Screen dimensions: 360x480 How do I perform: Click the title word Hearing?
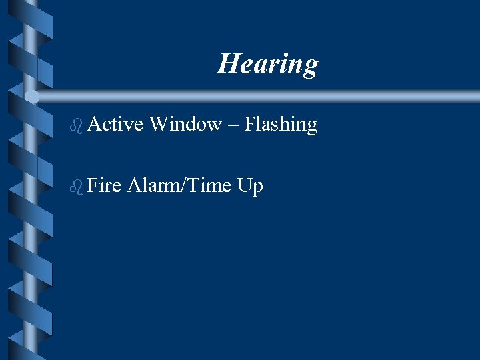click(267, 64)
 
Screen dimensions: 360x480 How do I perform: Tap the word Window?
click(185, 124)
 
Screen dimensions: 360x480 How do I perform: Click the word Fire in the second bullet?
click(103, 185)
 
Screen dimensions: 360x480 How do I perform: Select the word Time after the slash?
click(207, 185)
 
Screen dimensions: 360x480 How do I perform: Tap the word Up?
click(250, 186)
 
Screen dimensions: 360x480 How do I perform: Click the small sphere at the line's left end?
click(32, 97)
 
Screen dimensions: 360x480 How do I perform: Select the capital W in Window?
click(159, 124)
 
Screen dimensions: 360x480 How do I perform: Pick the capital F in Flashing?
click(249, 124)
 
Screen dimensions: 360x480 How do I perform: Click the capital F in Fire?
click(92, 185)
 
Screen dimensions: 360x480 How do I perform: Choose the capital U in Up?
click(244, 185)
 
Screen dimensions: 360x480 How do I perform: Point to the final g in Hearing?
click(310, 67)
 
